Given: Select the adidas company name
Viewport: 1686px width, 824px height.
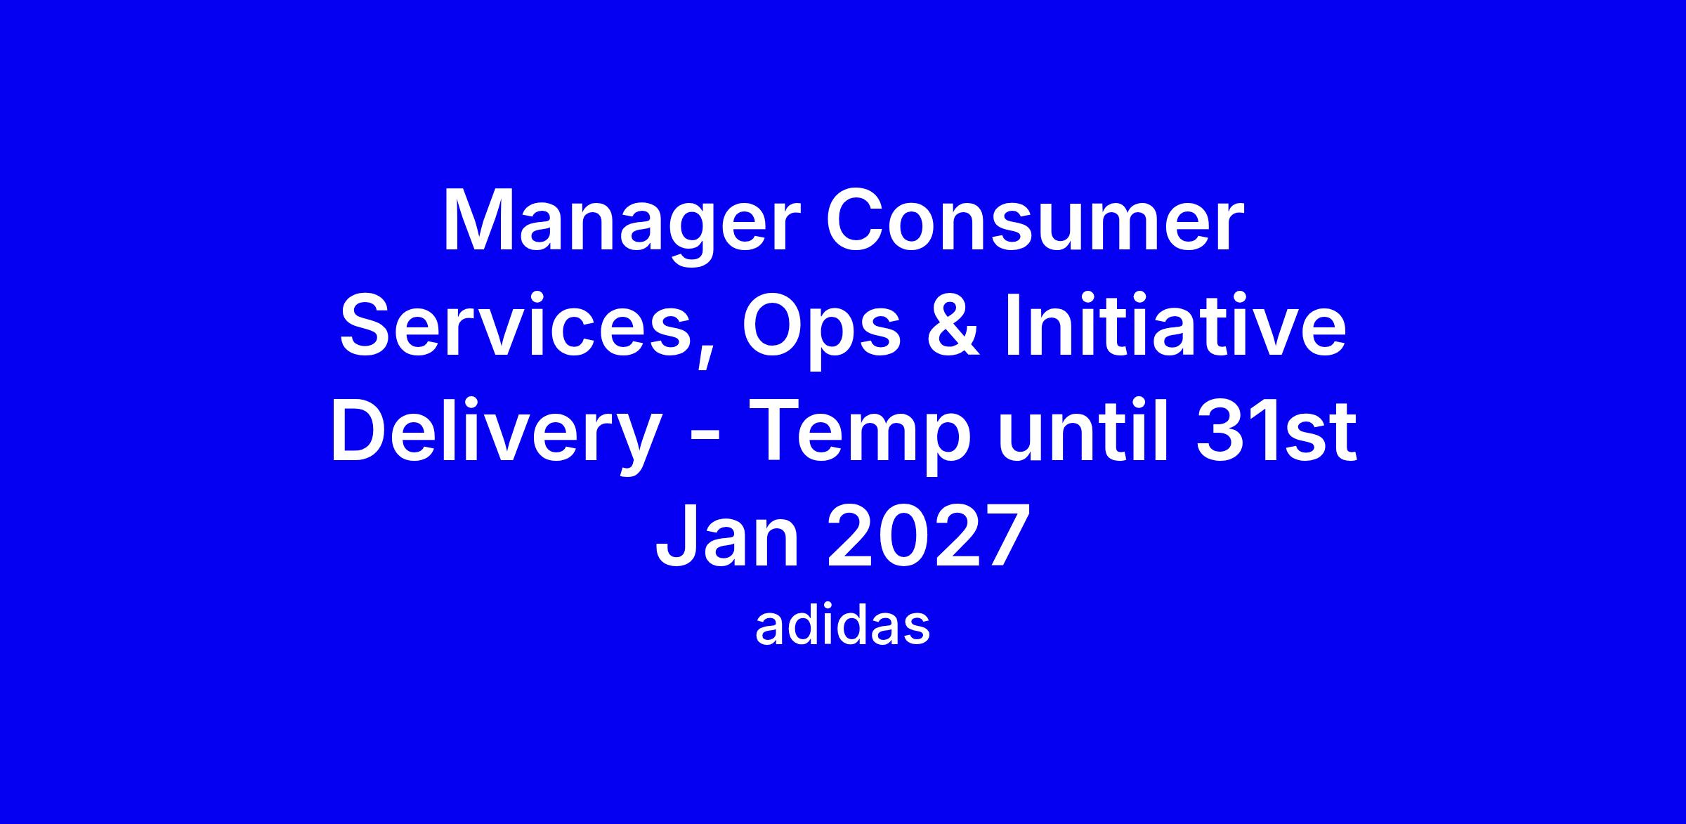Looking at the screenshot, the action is click(842, 627).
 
